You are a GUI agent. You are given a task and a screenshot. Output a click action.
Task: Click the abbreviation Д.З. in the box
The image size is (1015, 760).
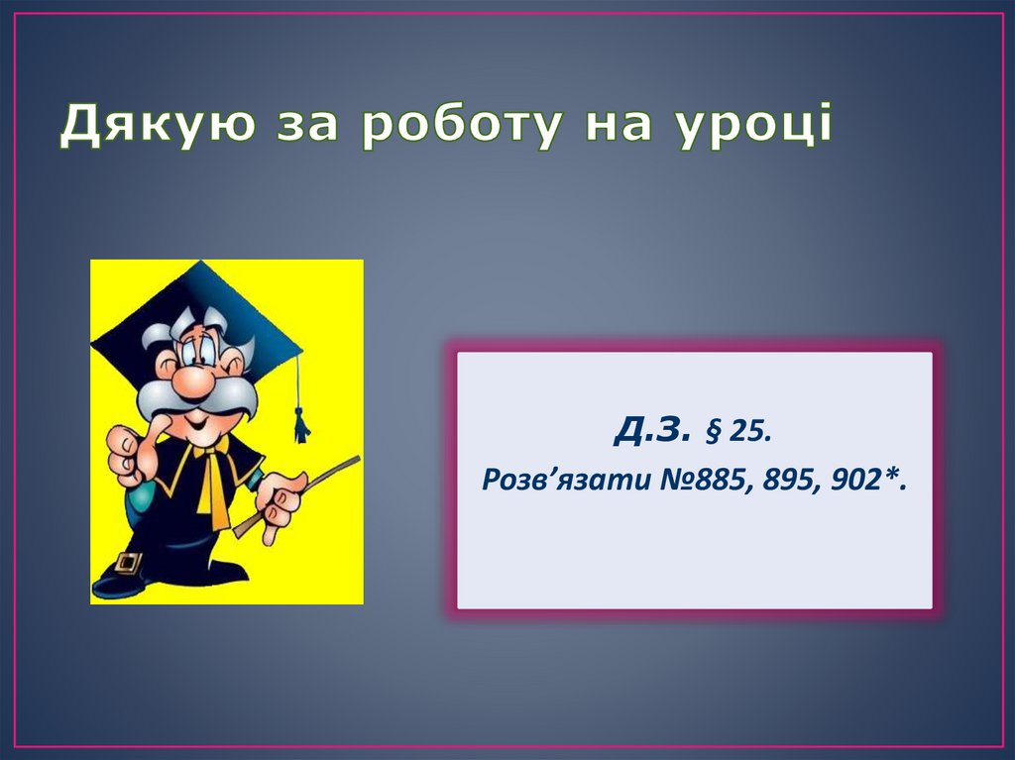[650, 430]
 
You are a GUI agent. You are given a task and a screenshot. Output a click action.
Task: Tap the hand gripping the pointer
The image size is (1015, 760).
[281, 500]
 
